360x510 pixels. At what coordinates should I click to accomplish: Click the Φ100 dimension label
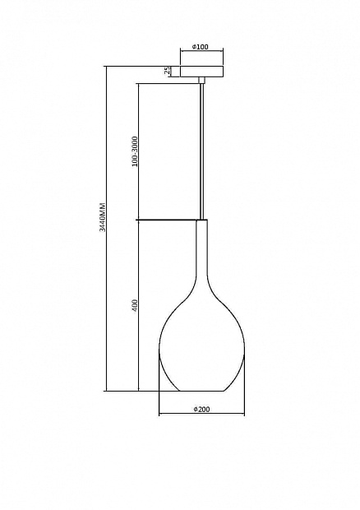point(201,47)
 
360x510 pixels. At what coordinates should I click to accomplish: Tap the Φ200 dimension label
point(201,409)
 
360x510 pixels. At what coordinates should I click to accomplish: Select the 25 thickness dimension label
point(167,71)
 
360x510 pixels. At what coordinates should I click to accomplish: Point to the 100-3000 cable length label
point(135,151)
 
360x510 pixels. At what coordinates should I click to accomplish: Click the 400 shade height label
point(135,305)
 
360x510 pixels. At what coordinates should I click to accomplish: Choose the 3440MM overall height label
point(103,217)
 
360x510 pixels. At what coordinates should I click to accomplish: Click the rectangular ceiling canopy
point(201,72)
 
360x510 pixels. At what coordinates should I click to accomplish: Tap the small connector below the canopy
point(201,81)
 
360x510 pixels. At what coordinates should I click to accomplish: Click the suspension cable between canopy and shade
point(201,151)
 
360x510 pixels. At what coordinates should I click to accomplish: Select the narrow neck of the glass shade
point(201,250)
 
